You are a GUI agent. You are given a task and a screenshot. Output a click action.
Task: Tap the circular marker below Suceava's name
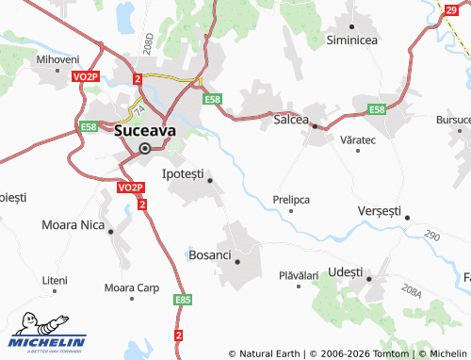tap(144, 148)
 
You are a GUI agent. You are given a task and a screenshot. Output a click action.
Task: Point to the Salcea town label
tap(291, 121)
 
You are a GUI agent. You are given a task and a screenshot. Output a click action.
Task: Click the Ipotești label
tap(183, 173)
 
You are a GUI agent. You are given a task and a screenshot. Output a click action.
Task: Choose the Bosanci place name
tap(210, 254)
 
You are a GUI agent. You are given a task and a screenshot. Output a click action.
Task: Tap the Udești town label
tap(347, 271)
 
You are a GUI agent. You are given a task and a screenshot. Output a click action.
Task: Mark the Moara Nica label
tap(73, 225)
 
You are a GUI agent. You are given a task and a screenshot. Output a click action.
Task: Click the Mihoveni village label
tap(58, 59)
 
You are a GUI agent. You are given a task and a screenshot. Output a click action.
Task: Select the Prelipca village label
tap(291, 200)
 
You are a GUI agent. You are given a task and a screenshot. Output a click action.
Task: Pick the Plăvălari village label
tap(299, 275)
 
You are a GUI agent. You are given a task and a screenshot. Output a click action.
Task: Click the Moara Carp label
tap(132, 287)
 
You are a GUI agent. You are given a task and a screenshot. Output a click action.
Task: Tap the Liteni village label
tap(55, 281)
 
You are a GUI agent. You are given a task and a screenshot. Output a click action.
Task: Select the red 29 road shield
tap(453, 8)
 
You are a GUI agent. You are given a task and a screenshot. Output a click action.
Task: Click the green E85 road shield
tap(183, 300)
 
